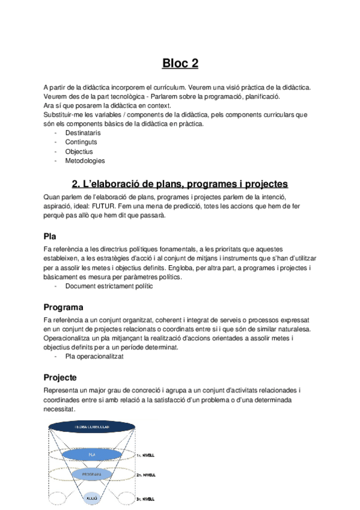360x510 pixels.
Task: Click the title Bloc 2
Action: [180, 63]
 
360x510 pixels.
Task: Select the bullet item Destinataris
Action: [83, 133]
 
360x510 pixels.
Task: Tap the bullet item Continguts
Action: [81, 142]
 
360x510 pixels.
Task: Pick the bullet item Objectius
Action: [79, 152]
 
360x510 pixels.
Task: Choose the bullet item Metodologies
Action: [85, 161]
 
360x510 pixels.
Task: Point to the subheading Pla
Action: [50, 236]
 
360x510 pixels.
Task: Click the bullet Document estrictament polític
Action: [109, 286]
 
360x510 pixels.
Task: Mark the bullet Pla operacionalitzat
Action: [94, 357]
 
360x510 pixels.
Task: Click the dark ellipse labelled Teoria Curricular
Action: [92, 426]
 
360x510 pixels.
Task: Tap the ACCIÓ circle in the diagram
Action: [92, 498]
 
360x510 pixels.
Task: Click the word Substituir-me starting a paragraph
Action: [65, 114]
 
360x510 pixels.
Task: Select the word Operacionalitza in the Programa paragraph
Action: [68, 339]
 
